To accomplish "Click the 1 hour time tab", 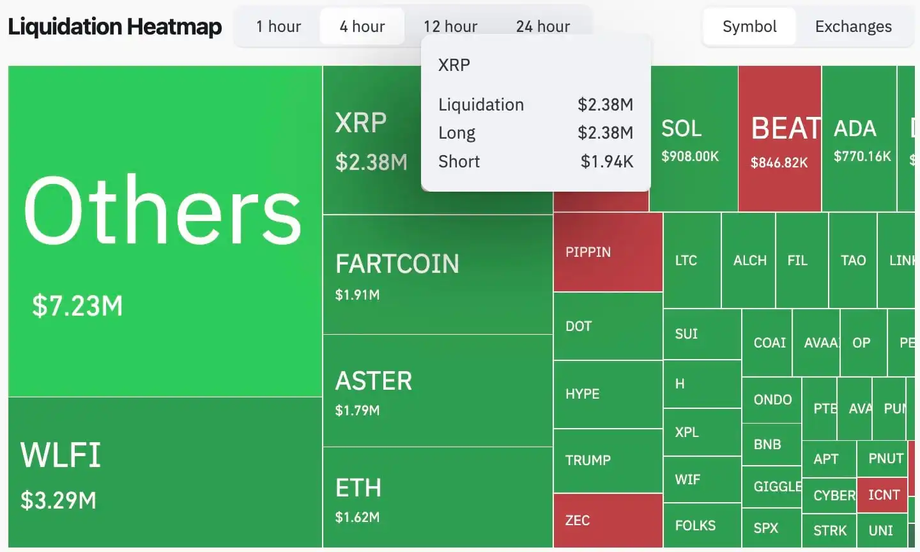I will (x=278, y=26).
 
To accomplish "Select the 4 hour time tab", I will (x=362, y=26).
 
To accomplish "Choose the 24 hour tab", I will (x=543, y=26).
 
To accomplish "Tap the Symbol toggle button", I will (x=749, y=26).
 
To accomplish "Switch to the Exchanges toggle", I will (x=853, y=26).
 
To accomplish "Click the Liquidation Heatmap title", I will (x=115, y=26).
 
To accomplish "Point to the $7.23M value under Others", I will (x=77, y=305).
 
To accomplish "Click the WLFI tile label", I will (x=61, y=455).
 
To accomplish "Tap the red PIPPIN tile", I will (x=608, y=252).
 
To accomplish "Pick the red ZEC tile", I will (x=608, y=520).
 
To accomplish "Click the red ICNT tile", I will (x=883, y=495).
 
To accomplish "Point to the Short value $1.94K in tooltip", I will (x=606, y=162).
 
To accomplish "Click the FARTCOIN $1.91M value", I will (x=357, y=295).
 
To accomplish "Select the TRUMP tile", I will (x=608, y=460).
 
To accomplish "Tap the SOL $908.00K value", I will (x=690, y=157).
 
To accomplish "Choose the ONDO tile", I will (x=772, y=400).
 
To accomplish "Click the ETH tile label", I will (x=358, y=488).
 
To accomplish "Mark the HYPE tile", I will (x=608, y=394).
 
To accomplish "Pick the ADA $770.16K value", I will (x=862, y=157).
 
